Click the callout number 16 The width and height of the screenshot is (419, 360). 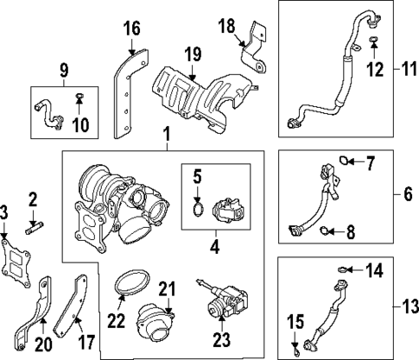(x=131, y=29)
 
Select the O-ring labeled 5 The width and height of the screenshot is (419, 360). (x=197, y=207)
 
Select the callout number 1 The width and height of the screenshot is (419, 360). (x=164, y=135)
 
